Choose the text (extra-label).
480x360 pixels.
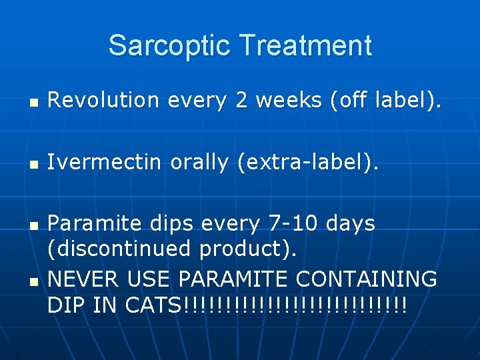click(309, 162)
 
